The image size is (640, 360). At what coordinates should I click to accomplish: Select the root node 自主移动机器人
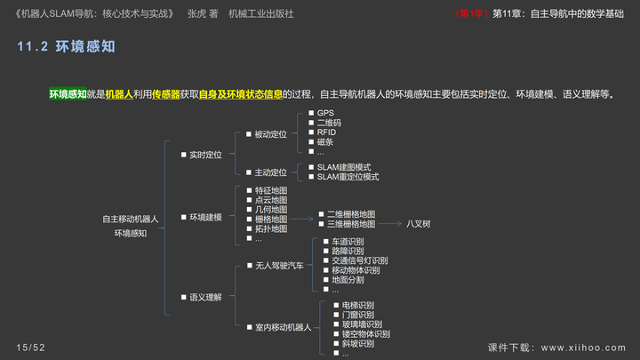(x=130, y=219)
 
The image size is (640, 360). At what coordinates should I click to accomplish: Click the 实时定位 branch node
(x=205, y=155)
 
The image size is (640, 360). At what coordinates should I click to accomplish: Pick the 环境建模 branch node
(x=205, y=217)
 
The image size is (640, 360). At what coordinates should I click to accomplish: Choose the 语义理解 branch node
(x=205, y=297)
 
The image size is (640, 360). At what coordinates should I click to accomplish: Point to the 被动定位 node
(x=271, y=134)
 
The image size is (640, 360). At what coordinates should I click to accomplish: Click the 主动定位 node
(x=271, y=172)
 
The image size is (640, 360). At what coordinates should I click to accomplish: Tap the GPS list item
(x=325, y=113)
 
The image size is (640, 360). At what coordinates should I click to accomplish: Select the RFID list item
(x=326, y=132)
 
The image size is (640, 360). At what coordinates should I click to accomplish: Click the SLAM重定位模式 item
(x=348, y=177)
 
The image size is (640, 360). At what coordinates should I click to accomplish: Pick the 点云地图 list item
(x=270, y=200)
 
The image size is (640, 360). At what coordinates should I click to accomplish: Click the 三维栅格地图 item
(x=351, y=224)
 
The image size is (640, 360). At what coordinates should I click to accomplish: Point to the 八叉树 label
(x=419, y=224)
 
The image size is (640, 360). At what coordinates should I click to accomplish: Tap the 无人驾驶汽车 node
(x=279, y=266)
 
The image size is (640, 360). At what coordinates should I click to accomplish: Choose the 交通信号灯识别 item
(x=360, y=260)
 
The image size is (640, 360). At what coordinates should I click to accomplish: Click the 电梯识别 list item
(x=357, y=305)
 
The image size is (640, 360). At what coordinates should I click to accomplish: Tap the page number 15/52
(x=30, y=347)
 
